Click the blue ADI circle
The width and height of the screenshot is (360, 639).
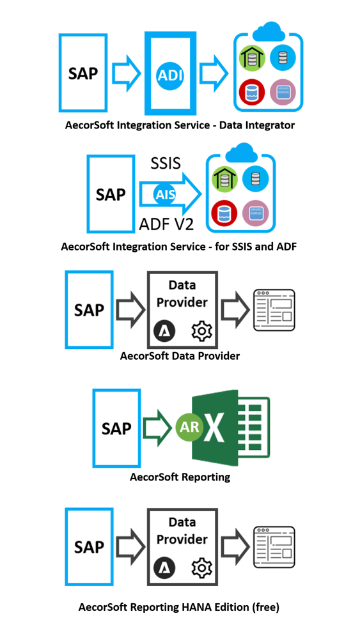170,75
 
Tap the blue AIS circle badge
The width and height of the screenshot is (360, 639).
165,195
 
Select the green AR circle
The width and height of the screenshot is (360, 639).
190,428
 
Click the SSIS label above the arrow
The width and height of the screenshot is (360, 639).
166,163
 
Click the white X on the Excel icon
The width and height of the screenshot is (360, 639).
219,429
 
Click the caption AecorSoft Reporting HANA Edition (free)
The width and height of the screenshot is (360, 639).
178,607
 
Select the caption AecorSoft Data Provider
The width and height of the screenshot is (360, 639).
180,356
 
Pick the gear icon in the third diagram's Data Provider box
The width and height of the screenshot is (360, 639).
202,330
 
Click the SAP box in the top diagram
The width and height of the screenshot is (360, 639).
83,73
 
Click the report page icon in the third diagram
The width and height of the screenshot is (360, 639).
274,310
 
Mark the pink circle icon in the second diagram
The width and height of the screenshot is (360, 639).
256,213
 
